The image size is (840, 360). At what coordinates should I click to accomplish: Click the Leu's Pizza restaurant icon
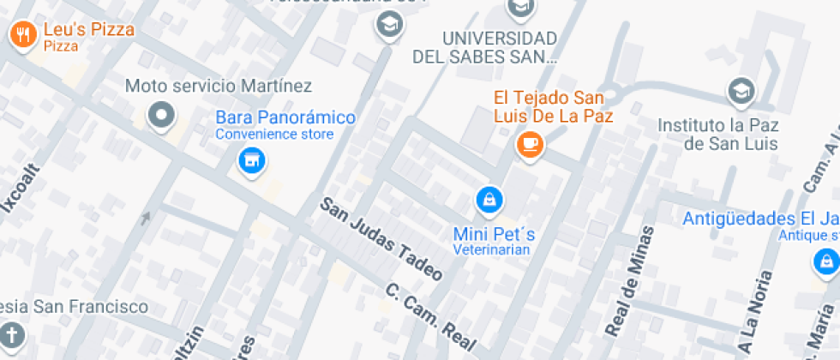coord(21,34)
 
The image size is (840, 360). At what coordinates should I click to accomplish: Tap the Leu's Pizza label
coord(89,30)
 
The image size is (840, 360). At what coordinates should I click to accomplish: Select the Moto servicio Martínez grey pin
coord(160,115)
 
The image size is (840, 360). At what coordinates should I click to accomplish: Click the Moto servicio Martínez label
coord(219,86)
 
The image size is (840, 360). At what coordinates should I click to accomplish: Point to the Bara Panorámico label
coord(285,117)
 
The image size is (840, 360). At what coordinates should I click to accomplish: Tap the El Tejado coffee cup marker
coord(529,143)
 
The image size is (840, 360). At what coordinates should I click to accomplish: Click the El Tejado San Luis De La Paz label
coord(554,106)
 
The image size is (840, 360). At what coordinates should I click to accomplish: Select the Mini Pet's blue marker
coord(489,201)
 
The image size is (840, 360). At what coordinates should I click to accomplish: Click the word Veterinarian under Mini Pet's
coord(493,250)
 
